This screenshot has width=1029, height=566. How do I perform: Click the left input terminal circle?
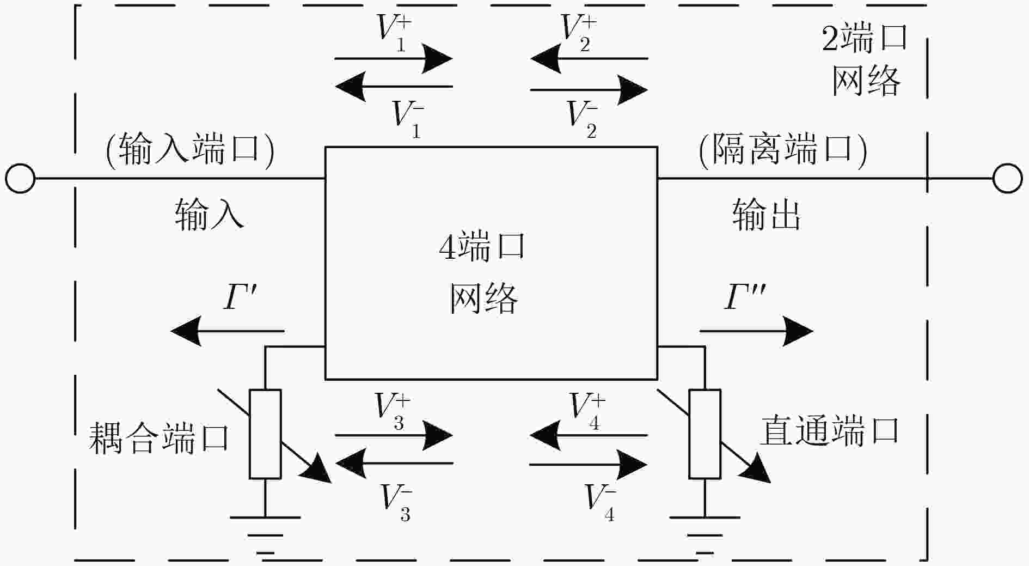pyautogui.click(x=20, y=178)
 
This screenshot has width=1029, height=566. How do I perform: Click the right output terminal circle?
pyautogui.click(x=1007, y=178)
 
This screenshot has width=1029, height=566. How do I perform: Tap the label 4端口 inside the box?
pyautogui.click(x=482, y=246)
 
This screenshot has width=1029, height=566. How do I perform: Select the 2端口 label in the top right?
pyautogui.click(x=864, y=39)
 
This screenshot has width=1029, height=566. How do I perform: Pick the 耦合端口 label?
pyautogui.click(x=159, y=438)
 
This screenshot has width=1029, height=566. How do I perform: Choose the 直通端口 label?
pyautogui.click(x=829, y=431)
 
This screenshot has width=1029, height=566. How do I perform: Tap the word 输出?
pyautogui.click(x=766, y=215)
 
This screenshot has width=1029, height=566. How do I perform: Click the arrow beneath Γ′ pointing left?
pyautogui.click(x=227, y=331)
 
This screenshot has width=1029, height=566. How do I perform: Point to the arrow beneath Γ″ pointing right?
pyautogui.click(x=756, y=331)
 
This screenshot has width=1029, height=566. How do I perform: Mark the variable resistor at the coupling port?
pyautogui.click(x=265, y=434)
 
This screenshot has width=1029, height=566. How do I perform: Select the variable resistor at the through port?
pyautogui.click(x=705, y=434)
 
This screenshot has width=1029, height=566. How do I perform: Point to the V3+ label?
pyautogui.click(x=392, y=412)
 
